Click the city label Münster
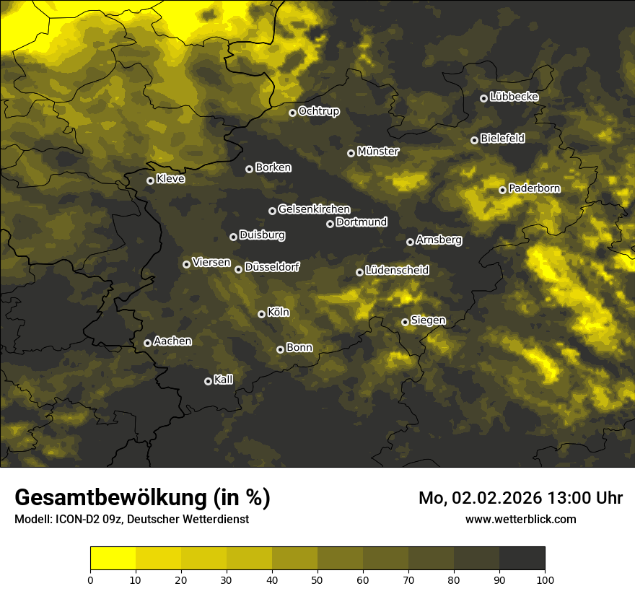click(377, 152)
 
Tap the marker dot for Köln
click(261, 314)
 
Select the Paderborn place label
click(534, 188)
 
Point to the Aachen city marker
click(147, 343)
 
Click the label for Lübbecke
click(514, 97)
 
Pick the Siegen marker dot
click(405, 322)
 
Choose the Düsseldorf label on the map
click(272, 267)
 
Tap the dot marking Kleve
click(150, 180)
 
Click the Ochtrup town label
click(318, 111)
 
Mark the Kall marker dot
click(208, 381)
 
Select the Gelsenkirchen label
click(314, 209)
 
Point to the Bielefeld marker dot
click(474, 140)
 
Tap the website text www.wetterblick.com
click(520, 519)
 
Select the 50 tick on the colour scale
click(317, 580)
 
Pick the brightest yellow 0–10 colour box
click(113, 558)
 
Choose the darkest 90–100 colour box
click(522, 558)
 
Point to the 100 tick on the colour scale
click(545, 580)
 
